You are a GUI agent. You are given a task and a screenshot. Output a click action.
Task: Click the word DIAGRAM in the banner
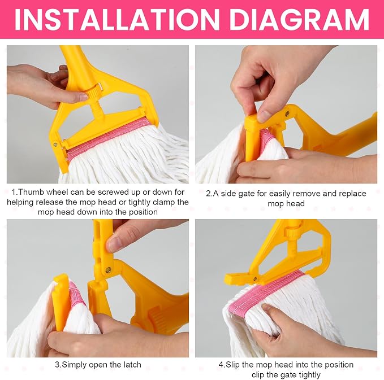pos(299,20)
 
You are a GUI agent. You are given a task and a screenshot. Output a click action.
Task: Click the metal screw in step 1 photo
pos(56,145)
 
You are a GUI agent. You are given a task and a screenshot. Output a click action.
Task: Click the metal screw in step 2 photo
pos(287,113)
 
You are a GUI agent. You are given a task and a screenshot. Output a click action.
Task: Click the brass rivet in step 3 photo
pos(108,270)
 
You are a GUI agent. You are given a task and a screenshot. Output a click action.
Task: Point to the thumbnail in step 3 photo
pos(114,244)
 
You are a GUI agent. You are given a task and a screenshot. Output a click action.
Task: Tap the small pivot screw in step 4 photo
pos(255,278)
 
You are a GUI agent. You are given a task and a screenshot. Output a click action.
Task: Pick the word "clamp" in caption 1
pos(163,202)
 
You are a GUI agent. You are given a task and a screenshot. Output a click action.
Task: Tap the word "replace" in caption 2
pos(352,194)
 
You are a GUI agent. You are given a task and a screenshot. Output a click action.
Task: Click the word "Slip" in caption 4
pos(232,365)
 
